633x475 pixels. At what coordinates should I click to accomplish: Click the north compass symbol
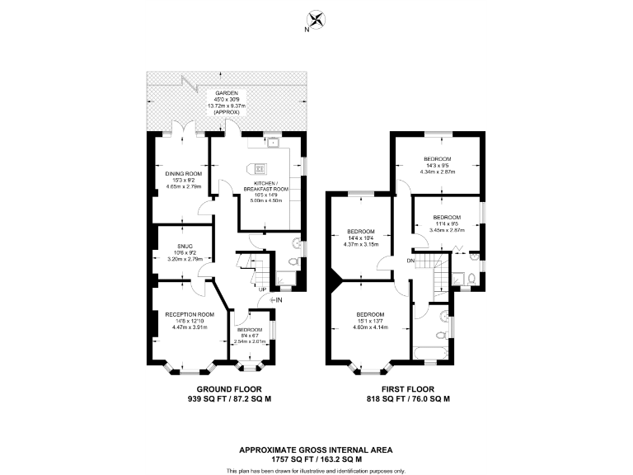click(x=316, y=19)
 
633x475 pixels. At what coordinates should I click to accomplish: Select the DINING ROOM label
click(x=182, y=173)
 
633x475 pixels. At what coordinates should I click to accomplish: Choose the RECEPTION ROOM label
click(x=189, y=314)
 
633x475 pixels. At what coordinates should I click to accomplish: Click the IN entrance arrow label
click(x=278, y=299)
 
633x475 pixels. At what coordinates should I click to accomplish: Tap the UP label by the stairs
click(x=262, y=289)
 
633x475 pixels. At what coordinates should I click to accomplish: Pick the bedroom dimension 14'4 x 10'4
click(x=360, y=237)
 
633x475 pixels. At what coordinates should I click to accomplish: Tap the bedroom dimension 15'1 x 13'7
click(x=370, y=322)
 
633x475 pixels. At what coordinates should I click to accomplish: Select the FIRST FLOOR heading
click(x=408, y=388)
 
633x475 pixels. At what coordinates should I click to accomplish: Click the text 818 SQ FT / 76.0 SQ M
click(x=408, y=398)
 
